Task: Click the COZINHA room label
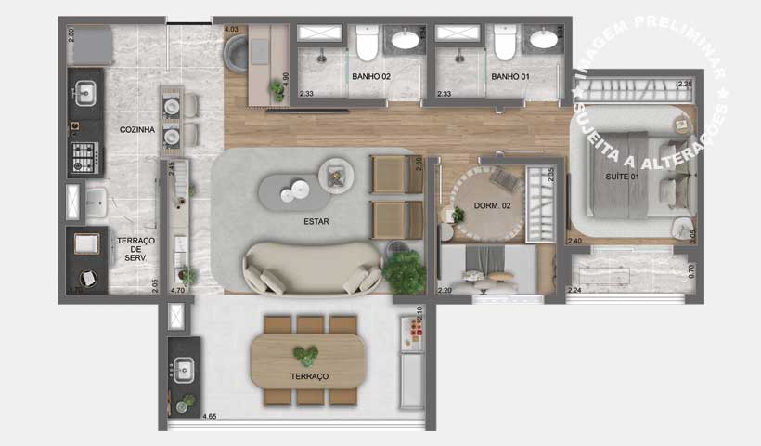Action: [x=136, y=130]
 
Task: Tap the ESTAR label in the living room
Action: [x=316, y=222]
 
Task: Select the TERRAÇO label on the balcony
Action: [x=309, y=376]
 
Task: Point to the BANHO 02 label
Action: [x=370, y=76]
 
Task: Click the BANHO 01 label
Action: [x=509, y=76]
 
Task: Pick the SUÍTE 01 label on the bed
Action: [x=623, y=176]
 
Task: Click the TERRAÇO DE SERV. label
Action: [x=136, y=249]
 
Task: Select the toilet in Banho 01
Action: [x=504, y=43]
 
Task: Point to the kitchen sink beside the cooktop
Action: [x=84, y=94]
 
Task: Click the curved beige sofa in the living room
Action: [x=312, y=265]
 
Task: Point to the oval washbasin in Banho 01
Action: [x=541, y=39]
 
